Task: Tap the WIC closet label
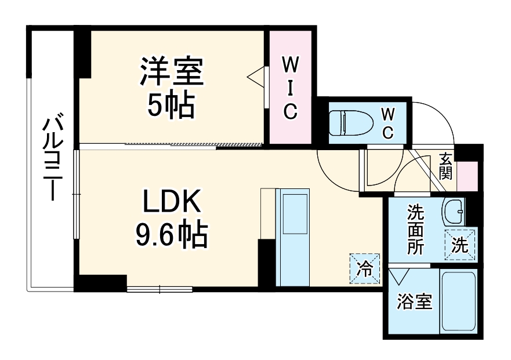click(289, 88)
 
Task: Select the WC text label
click(387, 122)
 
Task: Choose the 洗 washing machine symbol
click(460, 245)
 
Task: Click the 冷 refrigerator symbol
click(365, 268)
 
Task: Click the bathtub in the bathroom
click(458, 301)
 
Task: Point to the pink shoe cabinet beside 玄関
click(468, 176)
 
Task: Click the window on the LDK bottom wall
click(159, 288)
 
